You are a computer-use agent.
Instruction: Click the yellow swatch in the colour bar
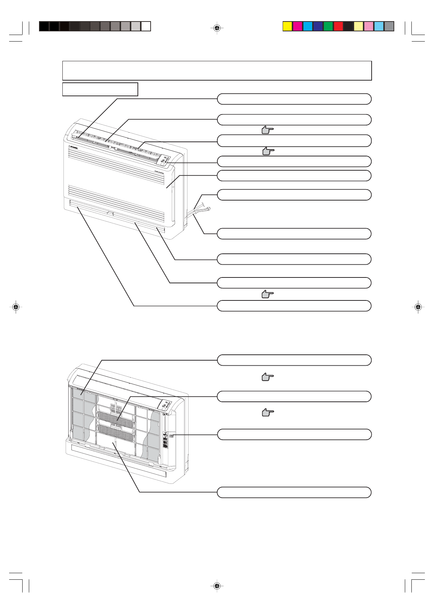tap(288, 26)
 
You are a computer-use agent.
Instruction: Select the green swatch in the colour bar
tap(328, 26)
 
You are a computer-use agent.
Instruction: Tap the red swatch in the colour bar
tap(338, 26)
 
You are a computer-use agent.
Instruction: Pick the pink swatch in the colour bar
tap(369, 26)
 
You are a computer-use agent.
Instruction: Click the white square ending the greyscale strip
tap(146, 26)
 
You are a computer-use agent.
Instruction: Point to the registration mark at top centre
tap(217, 28)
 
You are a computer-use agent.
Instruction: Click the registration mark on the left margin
tap(15, 307)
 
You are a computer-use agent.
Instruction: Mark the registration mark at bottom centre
tap(217, 586)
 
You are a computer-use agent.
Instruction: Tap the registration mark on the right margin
tap(418, 307)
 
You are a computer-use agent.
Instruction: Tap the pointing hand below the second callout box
tap(268, 130)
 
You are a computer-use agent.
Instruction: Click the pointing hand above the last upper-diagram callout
tap(268, 294)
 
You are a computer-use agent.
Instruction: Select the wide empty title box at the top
tap(217, 71)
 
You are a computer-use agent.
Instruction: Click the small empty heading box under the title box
tap(100, 89)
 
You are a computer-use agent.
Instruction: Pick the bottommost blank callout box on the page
tap(294, 492)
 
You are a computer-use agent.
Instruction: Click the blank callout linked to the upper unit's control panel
tap(294, 161)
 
